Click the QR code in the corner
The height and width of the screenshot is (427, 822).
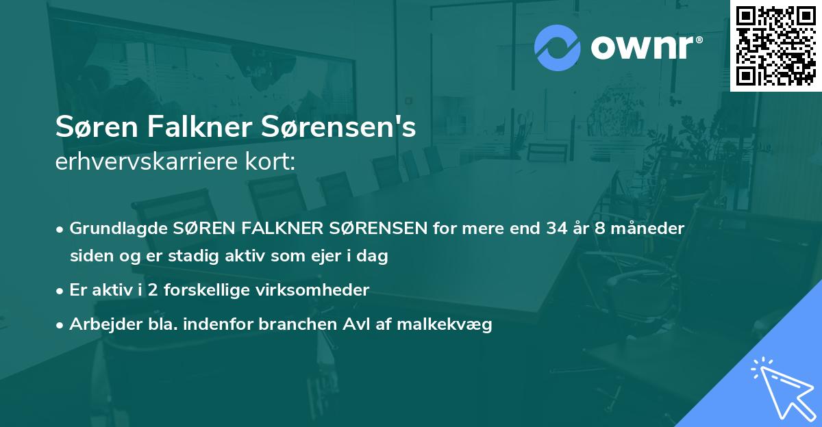[x=775, y=46]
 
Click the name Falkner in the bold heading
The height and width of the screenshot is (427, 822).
[x=180, y=128]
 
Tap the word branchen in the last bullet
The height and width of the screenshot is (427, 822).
[x=291, y=325]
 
